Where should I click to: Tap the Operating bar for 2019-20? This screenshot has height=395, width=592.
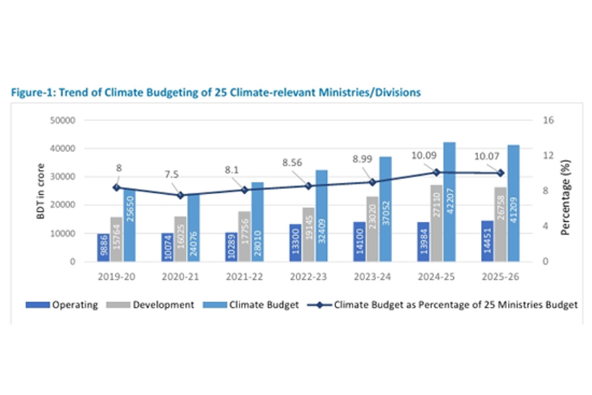[x=103, y=247]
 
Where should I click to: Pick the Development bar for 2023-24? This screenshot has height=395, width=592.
[x=373, y=228]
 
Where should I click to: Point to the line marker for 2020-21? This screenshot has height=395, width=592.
[x=181, y=196]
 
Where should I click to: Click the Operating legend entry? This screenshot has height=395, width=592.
[x=62, y=305]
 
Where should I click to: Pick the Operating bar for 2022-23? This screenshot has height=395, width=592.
[x=295, y=242]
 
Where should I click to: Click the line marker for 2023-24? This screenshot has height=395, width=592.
[x=373, y=182]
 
